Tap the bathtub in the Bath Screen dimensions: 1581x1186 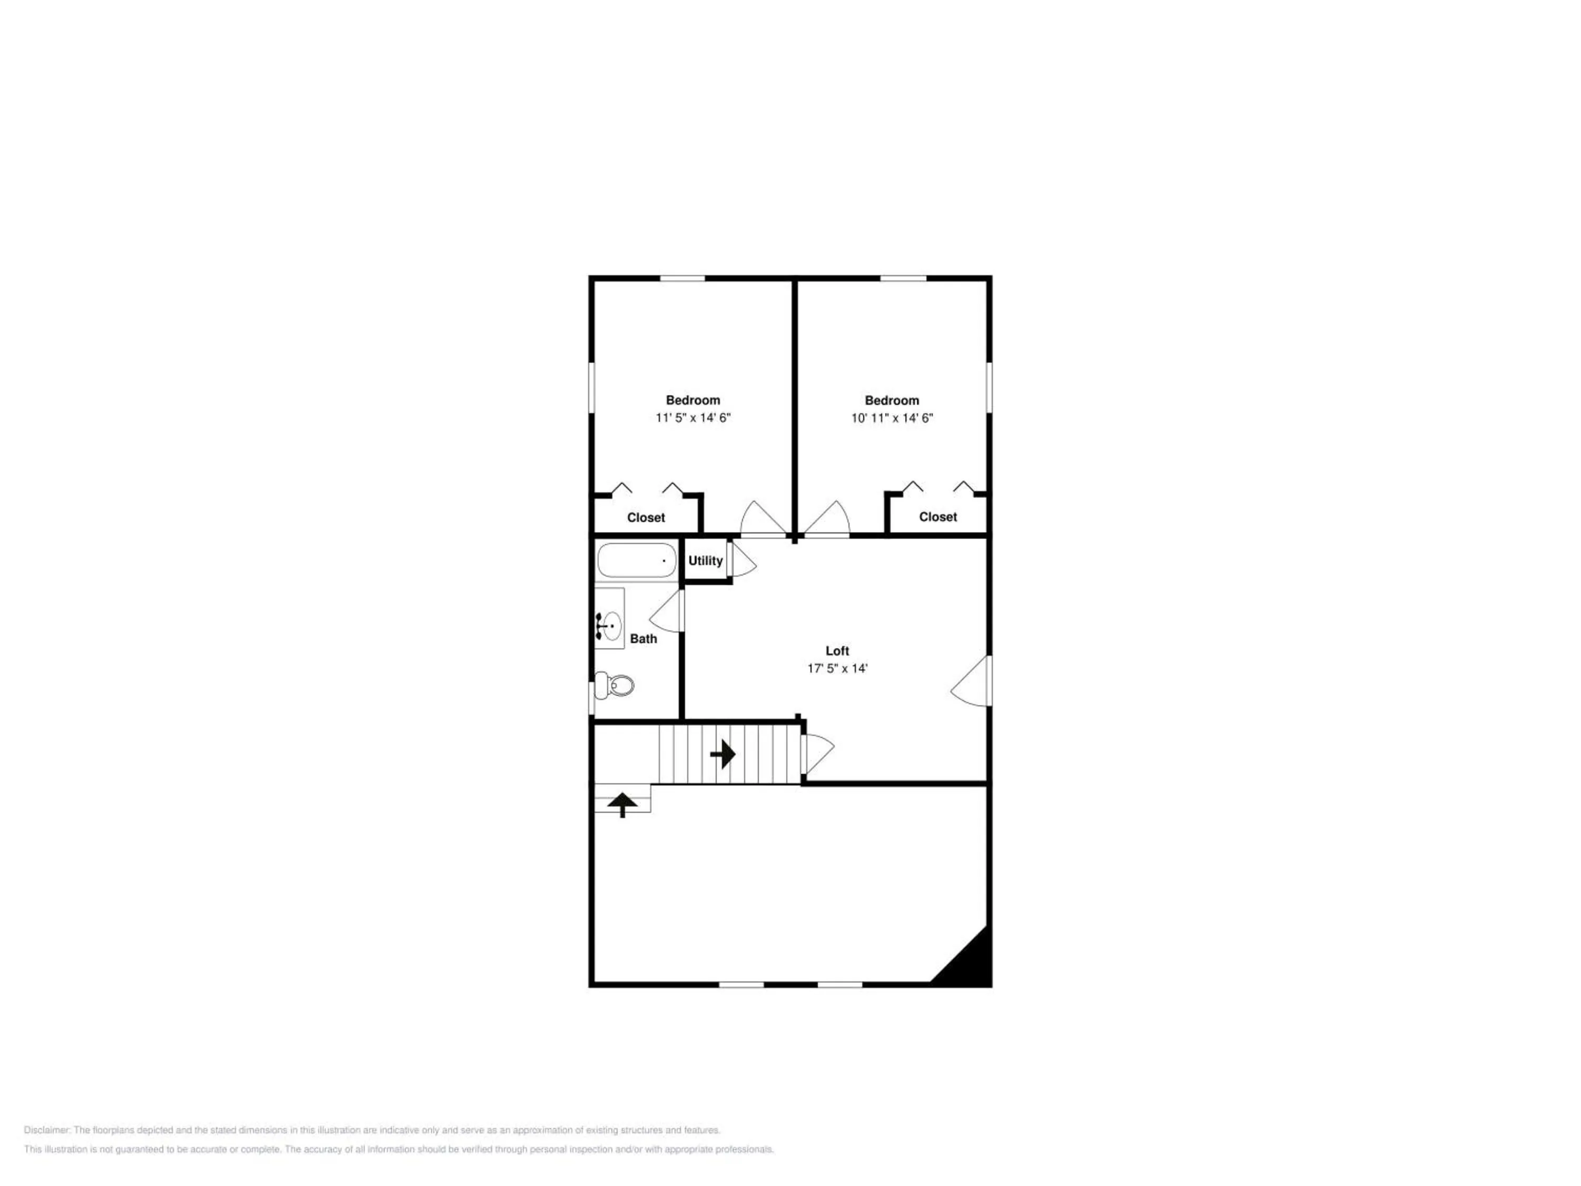(636, 560)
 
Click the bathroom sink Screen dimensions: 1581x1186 (609, 626)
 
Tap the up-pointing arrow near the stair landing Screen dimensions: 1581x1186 (622, 804)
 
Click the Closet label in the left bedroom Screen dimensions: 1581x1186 (646, 518)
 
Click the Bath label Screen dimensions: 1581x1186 (643, 639)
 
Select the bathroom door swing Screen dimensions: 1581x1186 (667, 611)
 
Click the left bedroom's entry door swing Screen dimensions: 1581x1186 (763, 518)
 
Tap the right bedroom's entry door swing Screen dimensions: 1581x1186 (827, 518)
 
